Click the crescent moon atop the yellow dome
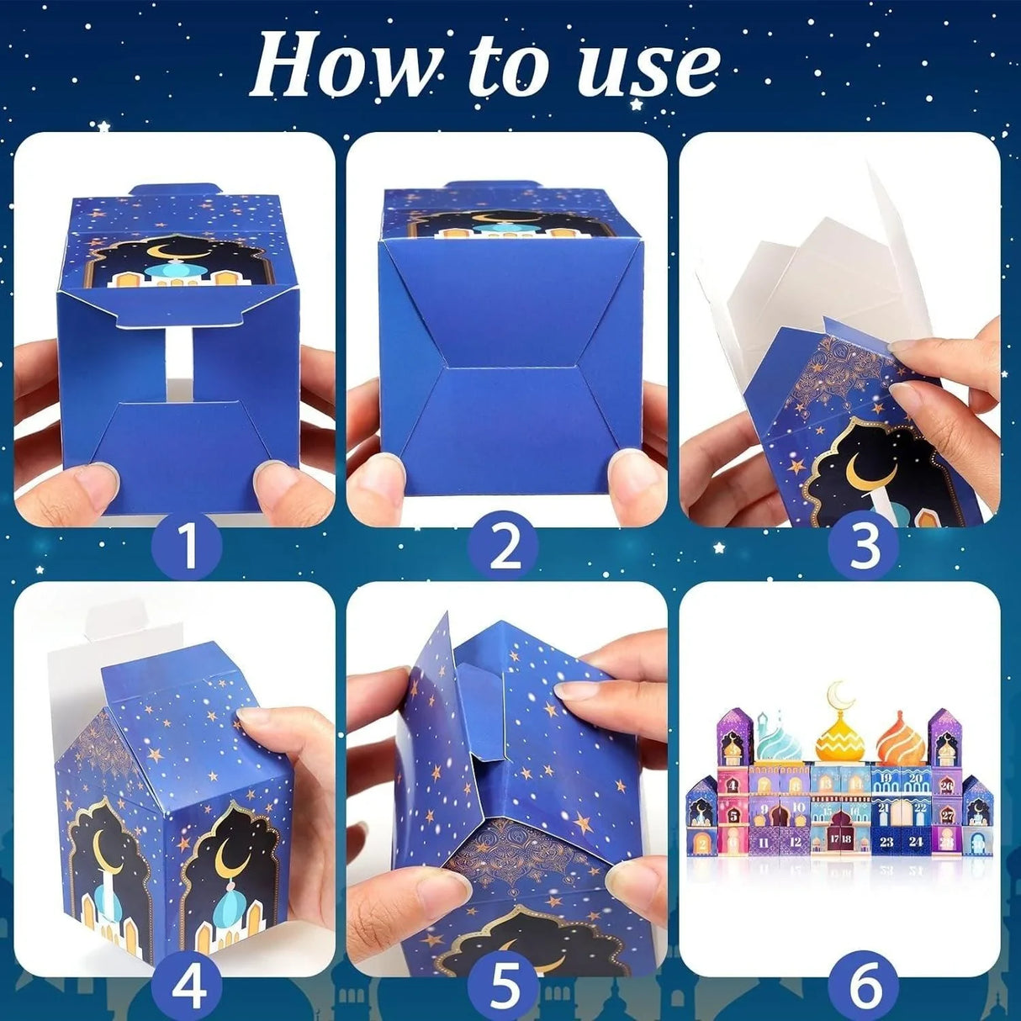point(838,694)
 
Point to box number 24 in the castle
point(915,840)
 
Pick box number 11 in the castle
point(764,840)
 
